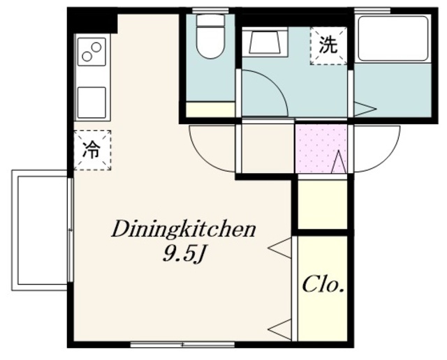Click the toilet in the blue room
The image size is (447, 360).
coord(211,36)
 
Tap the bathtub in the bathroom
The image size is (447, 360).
coord(393,39)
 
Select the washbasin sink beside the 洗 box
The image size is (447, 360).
coord(264,42)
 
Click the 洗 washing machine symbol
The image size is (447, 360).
coord(329,46)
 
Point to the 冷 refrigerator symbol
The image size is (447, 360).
coord(92,150)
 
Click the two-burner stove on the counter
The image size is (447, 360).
coord(91,52)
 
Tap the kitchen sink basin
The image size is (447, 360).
coord(91,103)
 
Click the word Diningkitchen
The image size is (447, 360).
coord(184,230)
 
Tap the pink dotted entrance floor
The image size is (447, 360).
coord(321,149)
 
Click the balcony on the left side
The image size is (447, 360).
coord(40,230)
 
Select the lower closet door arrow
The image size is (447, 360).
coord(279,329)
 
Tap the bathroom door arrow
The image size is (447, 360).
coord(365,109)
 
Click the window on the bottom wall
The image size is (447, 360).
coord(182,345)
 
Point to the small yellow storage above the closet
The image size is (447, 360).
coord(323,204)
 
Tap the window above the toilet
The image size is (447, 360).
coord(211,11)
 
